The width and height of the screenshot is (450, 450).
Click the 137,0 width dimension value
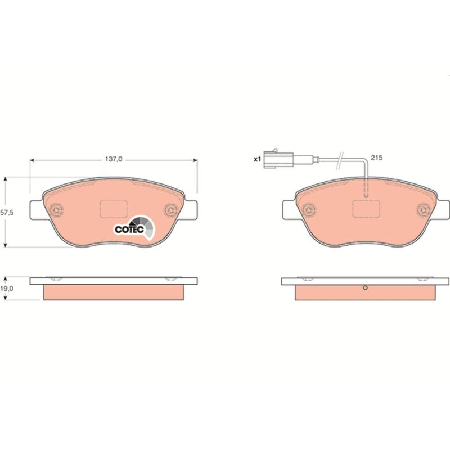point(114,159)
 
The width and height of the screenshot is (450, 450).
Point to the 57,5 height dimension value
point(7,213)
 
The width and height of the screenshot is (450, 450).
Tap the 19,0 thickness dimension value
point(7,289)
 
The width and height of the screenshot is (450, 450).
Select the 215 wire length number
point(376,157)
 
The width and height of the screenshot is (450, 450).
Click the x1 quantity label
point(257,159)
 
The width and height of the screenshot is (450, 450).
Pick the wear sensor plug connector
point(278,159)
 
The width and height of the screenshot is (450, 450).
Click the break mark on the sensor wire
point(340,160)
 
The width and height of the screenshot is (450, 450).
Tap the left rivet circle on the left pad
point(56,210)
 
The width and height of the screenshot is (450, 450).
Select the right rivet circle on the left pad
point(171,210)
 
